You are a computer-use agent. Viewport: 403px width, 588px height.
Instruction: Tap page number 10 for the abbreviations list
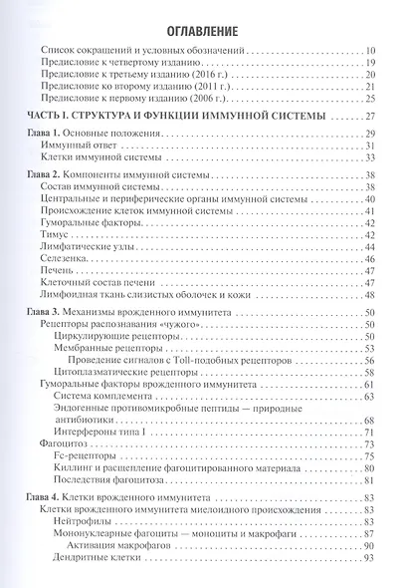pos(369,49)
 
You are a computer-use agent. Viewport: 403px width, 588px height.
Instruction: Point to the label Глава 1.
pos(46,134)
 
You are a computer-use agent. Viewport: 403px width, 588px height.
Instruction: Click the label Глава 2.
pos(46,174)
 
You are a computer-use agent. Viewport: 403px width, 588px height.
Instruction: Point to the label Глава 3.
pos(46,312)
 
